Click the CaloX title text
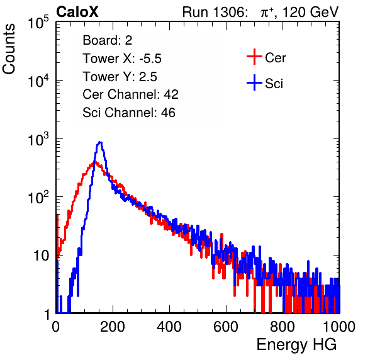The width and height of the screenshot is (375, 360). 77,12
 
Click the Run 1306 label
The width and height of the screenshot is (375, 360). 215,12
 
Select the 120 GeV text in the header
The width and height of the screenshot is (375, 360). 310,12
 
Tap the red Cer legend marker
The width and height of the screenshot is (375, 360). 254,57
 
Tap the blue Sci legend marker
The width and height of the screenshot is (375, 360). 254,83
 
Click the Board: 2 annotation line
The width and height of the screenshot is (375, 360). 108,40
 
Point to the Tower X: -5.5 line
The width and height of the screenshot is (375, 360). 122,59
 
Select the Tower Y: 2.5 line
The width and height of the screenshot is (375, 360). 120,77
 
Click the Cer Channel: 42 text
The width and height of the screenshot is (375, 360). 131,94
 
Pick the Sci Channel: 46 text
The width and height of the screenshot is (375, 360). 129,113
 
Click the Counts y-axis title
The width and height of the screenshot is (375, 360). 9,49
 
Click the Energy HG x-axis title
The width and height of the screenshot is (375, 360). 296,345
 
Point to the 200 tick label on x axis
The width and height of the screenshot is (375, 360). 113,327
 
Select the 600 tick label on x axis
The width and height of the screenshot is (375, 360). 226,327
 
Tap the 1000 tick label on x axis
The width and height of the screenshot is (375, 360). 339,327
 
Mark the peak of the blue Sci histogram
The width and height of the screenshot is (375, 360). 100,143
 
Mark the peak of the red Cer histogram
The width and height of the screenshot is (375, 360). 94,162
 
